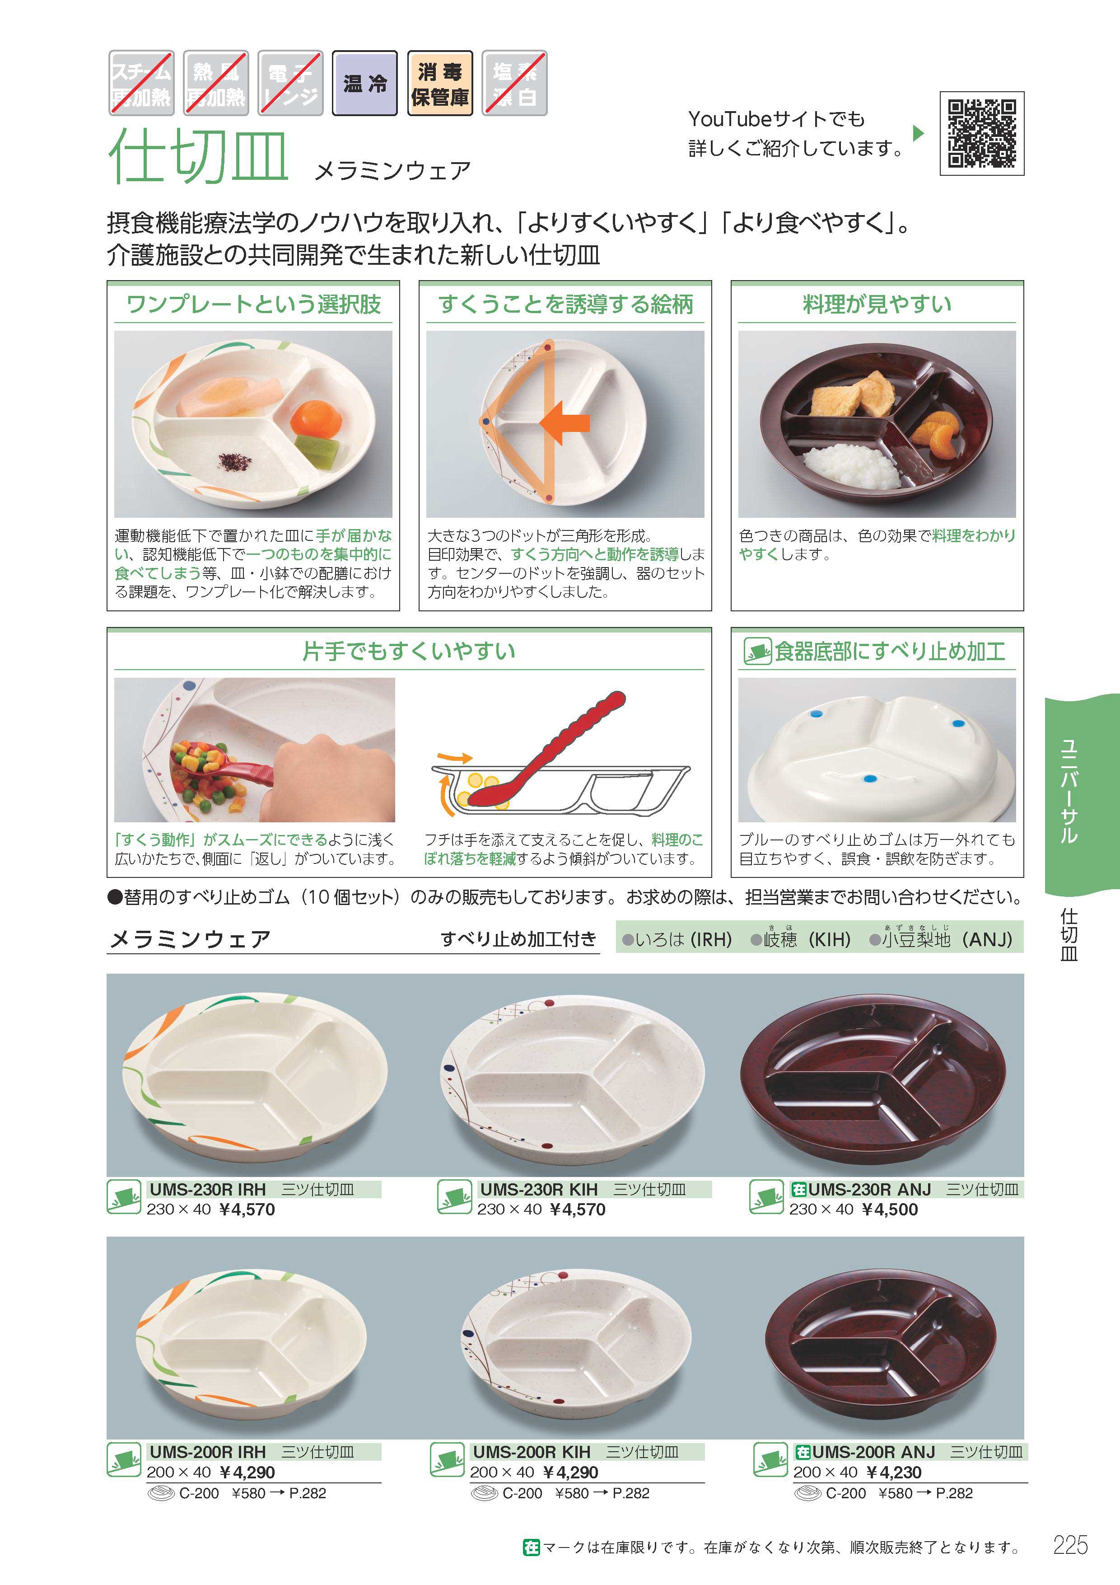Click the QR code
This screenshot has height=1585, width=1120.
click(981, 133)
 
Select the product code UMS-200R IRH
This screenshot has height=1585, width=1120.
click(208, 1452)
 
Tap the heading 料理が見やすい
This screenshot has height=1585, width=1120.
click(877, 304)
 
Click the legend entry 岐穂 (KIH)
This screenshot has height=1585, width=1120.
click(801, 939)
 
